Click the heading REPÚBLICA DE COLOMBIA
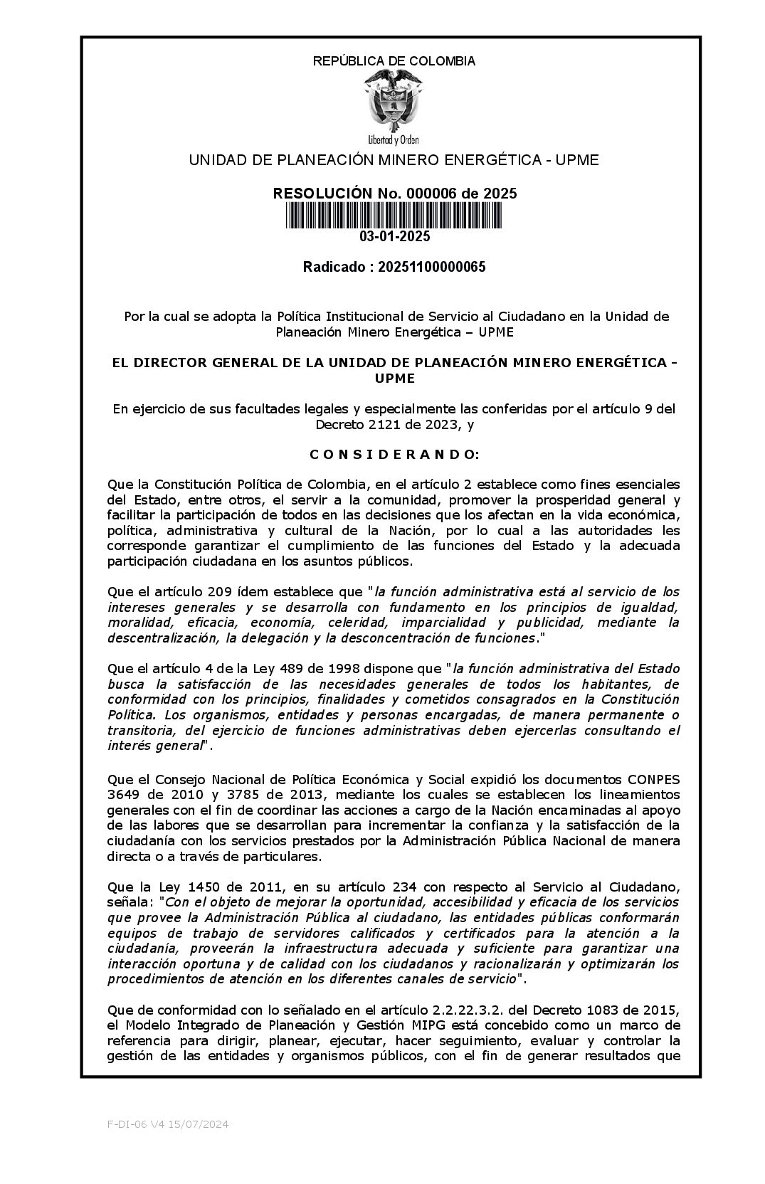pyautogui.click(x=394, y=61)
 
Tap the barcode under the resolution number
pyautogui.click(x=394, y=216)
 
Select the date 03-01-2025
pyautogui.click(x=394, y=237)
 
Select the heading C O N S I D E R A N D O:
pyautogui.click(x=394, y=454)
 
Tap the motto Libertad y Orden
pyautogui.click(x=394, y=139)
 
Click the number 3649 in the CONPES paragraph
pyautogui.click(x=124, y=794)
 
